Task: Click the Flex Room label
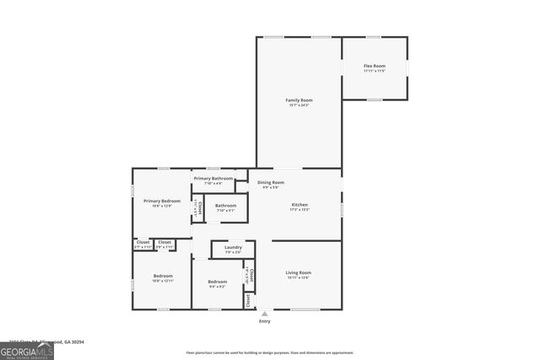tap(374, 66)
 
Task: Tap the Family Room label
tap(299, 100)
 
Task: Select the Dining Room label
tap(271, 182)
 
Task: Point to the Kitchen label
tap(300, 205)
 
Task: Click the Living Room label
tap(299, 272)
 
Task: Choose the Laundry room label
tap(233, 247)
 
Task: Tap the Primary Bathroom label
tap(213, 178)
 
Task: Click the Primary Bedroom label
tap(161, 201)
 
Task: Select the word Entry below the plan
tap(264, 321)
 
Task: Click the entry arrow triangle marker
tap(264, 314)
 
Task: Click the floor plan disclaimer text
tap(270, 352)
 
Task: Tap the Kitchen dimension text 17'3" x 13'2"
tap(300, 210)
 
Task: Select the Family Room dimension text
tap(299, 105)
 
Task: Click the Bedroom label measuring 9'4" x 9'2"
tap(218, 282)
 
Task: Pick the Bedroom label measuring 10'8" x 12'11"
tap(163, 277)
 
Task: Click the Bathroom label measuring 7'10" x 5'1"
tap(225, 205)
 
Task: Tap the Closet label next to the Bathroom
tap(197, 206)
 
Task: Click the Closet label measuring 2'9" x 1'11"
tap(164, 243)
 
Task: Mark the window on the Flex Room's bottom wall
tap(374, 99)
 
